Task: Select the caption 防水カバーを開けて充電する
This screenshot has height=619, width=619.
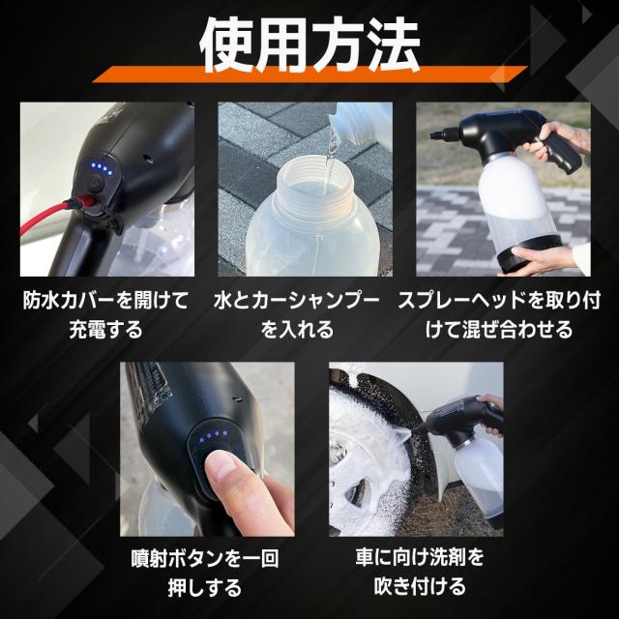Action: tap(107, 314)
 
